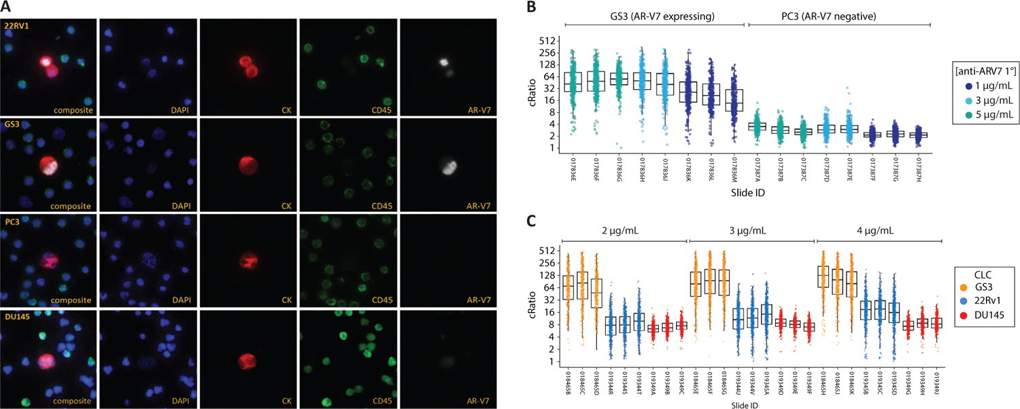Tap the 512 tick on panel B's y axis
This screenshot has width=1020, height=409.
551,40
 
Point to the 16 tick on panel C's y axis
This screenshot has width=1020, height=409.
551,311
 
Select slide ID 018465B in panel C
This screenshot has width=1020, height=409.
568,381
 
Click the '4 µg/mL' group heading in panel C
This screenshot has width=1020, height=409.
878,230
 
